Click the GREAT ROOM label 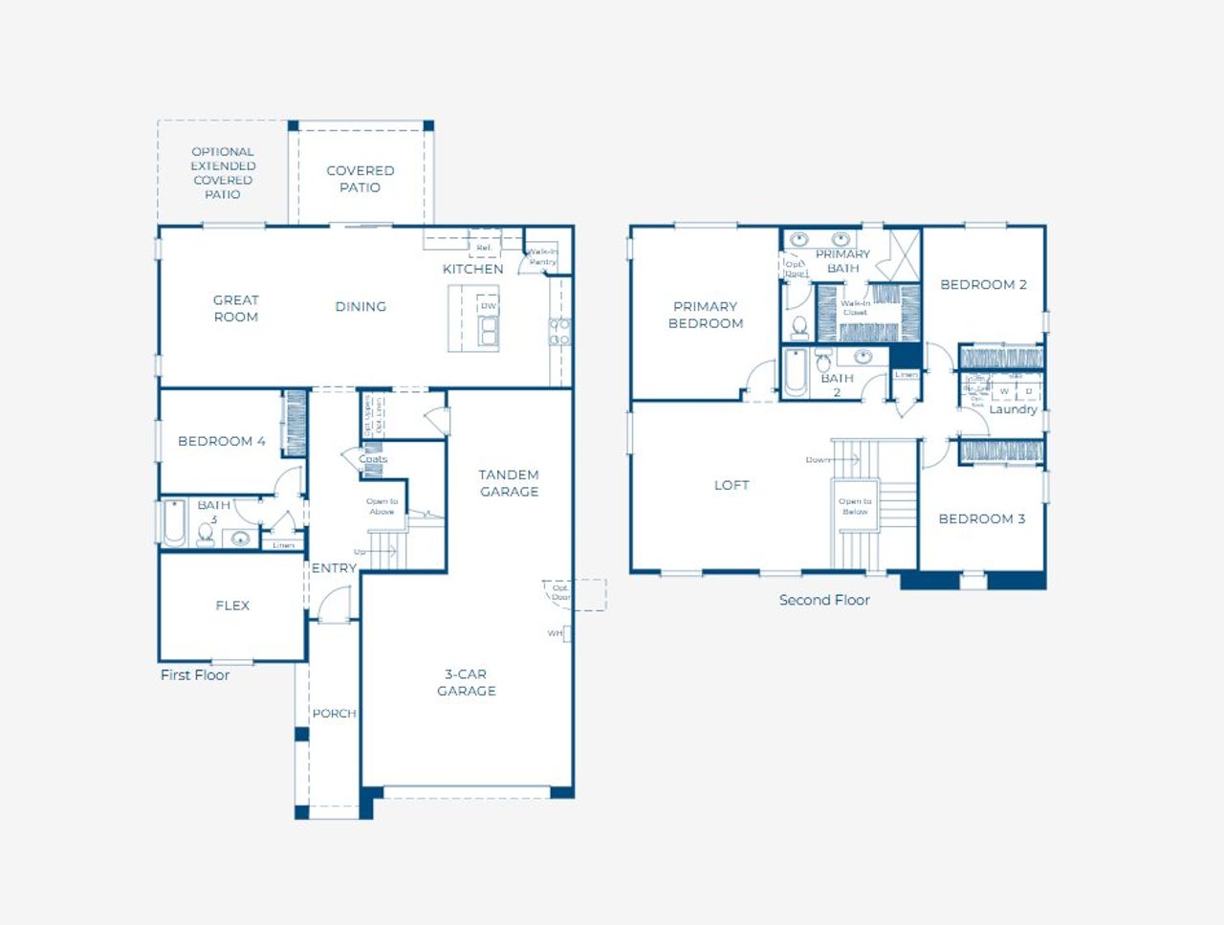pyautogui.click(x=235, y=308)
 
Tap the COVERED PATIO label pyautogui.click(x=360, y=179)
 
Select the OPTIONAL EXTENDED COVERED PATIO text pyautogui.click(x=222, y=172)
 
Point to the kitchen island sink pyautogui.click(x=489, y=331)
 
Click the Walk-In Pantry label pyautogui.click(x=542, y=256)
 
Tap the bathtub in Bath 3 pyautogui.click(x=174, y=524)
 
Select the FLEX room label pyautogui.click(x=232, y=606)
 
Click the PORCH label pyautogui.click(x=334, y=714)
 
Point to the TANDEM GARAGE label pyautogui.click(x=509, y=483)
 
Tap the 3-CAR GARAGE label pyautogui.click(x=467, y=682)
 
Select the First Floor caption pyautogui.click(x=195, y=675)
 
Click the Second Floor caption pyautogui.click(x=824, y=601)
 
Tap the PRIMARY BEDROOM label pyautogui.click(x=705, y=315)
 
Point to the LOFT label pyautogui.click(x=732, y=486)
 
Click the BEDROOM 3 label pyautogui.click(x=981, y=519)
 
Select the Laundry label pyautogui.click(x=1013, y=409)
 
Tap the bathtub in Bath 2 pyautogui.click(x=796, y=372)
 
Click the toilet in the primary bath pyautogui.click(x=800, y=327)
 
